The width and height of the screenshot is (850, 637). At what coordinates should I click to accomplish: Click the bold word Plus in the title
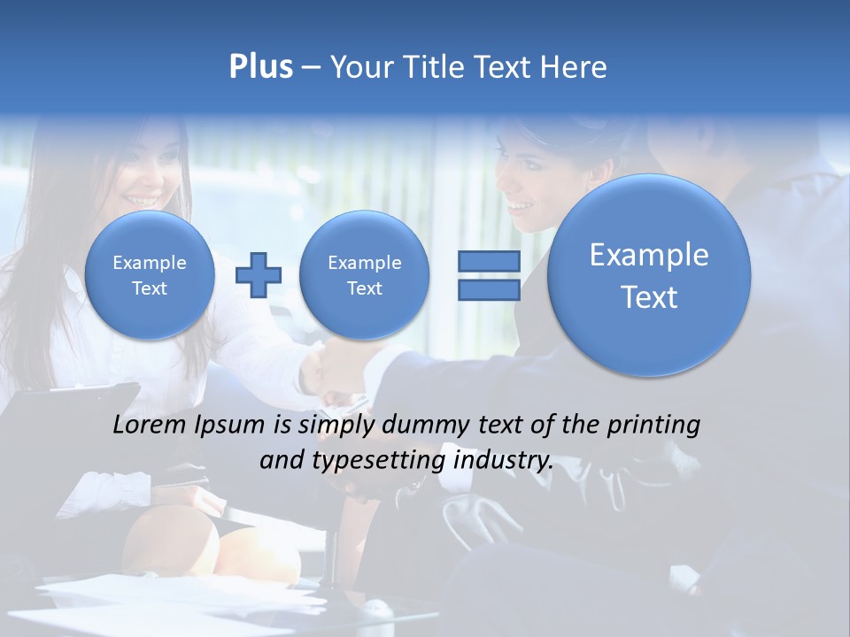click(x=260, y=67)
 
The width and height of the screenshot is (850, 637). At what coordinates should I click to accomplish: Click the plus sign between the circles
click(x=258, y=274)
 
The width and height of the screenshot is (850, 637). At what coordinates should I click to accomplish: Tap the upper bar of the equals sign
click(x=488, y=261)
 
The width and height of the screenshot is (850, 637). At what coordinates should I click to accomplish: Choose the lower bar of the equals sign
click(x=488, y=290)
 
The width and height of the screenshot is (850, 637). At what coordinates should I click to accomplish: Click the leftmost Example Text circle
click(x=149, y=275)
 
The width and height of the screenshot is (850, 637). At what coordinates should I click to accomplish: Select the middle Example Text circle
click(x=364, y=275)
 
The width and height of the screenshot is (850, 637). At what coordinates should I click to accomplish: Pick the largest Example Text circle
click(x=649, y=275)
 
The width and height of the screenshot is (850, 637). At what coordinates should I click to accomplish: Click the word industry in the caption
click(x=503, y=461)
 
